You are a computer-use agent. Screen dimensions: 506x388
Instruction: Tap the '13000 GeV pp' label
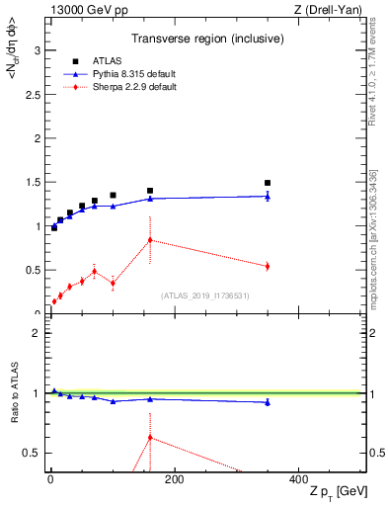(x=82, y=11)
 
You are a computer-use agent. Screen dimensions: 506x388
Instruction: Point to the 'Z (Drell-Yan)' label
(x=333, y=11)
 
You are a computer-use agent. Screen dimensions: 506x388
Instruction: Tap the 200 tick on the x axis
(x=174, y=479)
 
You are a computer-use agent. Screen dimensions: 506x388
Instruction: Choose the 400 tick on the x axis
(x=298, y=479)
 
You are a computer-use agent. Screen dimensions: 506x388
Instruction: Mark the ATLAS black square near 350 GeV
(x=268, y=183)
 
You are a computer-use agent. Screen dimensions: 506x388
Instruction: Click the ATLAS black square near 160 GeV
(x=150, y=191)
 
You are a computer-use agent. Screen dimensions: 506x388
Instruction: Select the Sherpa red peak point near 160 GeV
(x=150, y=240)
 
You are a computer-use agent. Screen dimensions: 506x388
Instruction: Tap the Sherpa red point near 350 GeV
(x=268, y=266)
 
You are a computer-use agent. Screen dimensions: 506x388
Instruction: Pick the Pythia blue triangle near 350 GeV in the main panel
(x=268, y=196)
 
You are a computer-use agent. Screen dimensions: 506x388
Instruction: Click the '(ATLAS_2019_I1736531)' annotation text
(x=205, y=295)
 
